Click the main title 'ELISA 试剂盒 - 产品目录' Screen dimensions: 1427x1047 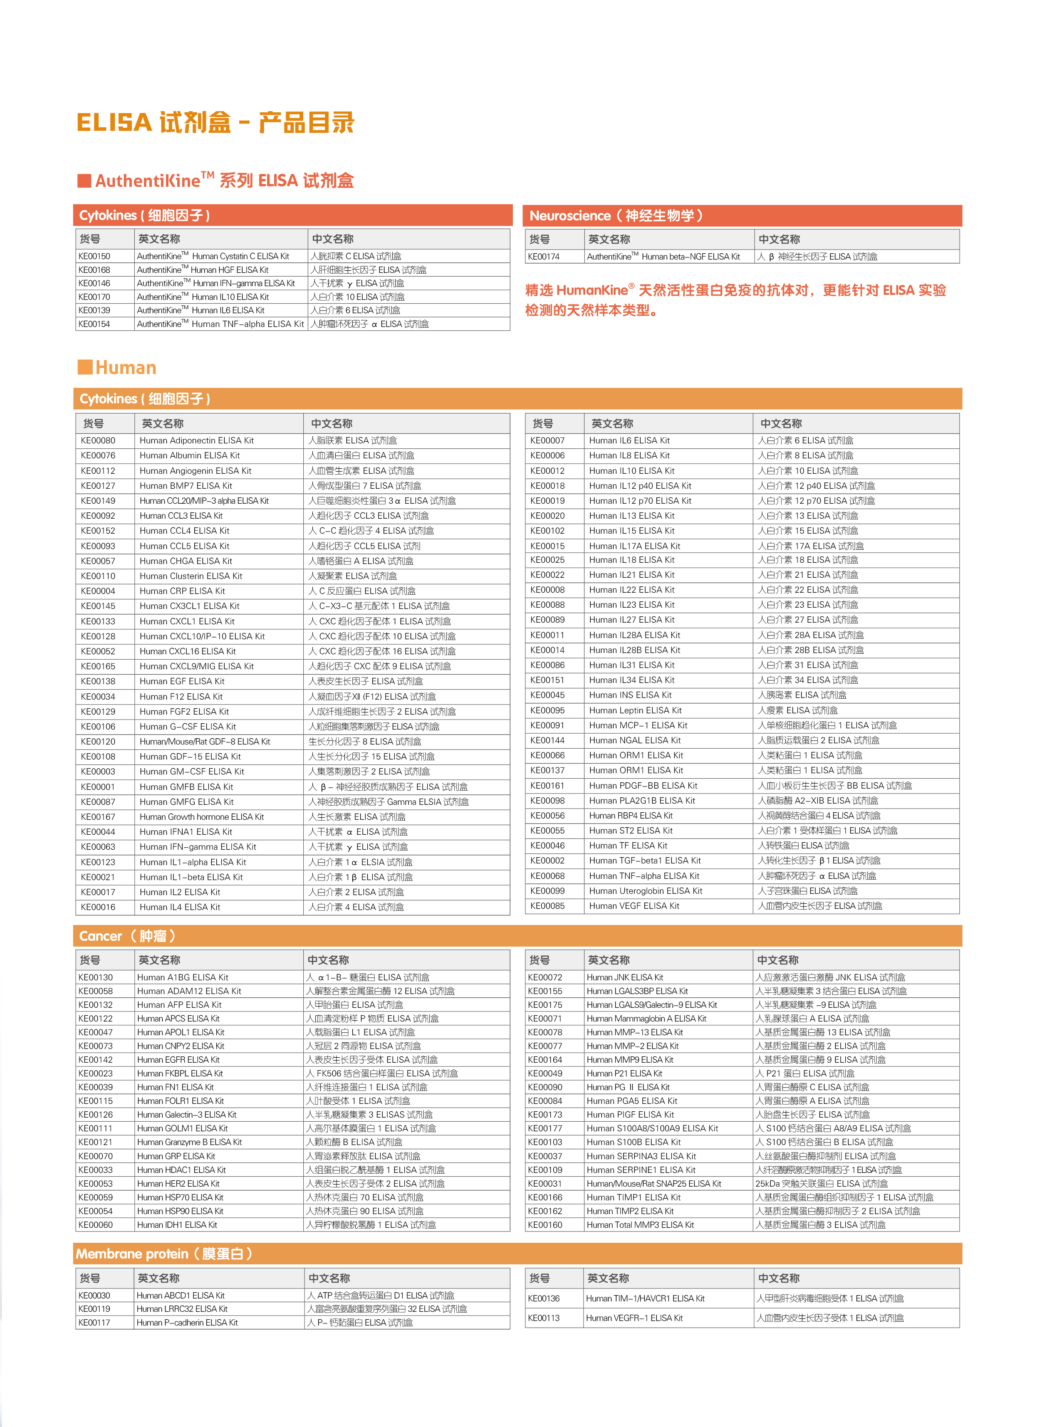(x=215, y=122)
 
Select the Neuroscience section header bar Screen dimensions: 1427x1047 (x=742, y=215)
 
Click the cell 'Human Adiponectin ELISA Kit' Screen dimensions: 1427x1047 (x=196, y=440)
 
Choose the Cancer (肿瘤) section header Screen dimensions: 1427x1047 (x=127, y=936)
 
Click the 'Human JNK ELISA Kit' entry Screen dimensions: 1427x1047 (x=625, y=977)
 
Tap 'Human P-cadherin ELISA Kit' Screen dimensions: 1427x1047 (x=187, y=1323)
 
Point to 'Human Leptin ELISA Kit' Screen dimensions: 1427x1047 (x=635, y=710)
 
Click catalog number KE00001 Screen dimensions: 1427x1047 (x=98, y=787)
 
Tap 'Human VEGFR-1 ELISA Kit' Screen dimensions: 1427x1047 (x=634, y=1318)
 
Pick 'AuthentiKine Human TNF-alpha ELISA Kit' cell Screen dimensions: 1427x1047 (x=220, y=324)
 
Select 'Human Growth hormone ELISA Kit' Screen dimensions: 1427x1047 (x=202, y=817)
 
